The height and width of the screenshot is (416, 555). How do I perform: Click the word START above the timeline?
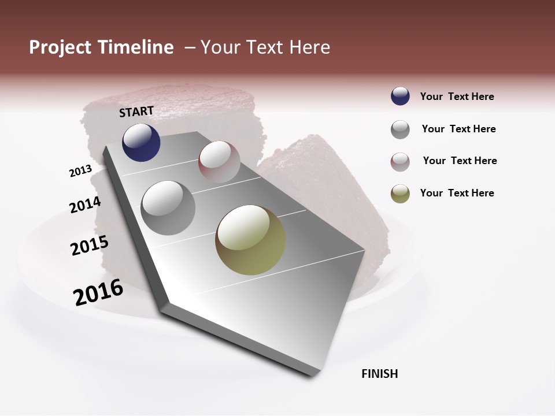pyautogui.click(x=136, y=112)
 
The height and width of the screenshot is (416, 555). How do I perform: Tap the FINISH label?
pyautogui.click(x=379, y=374)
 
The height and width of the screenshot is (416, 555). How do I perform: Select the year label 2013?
pyautogui.click(x=80, y=171)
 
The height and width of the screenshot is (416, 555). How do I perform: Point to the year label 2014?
pyautogui.click(x=85, y=205)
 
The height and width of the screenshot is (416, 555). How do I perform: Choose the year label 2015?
pyautogui.click(x=89, y=246)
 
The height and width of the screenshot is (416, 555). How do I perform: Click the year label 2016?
pyautogui.click(x=98, y=292)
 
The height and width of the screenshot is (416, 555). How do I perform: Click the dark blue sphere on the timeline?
pyautogui.click(x=141, y=142)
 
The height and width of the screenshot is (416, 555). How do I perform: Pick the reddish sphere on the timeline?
pyautogui.click(x=219, y=162)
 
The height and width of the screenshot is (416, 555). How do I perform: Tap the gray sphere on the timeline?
pyautogui.click(x=168, y=207)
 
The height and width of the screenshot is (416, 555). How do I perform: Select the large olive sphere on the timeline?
pyautogui.click(x=250, y=240)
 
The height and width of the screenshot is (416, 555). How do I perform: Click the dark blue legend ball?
pyautogui.click(x=400, y=96)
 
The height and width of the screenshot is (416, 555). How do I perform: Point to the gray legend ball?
pyautogui.click(x=400, y=129)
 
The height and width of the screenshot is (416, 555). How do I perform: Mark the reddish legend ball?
pyautogui.click(x=400, y=162)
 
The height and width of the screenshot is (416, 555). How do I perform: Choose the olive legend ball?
pyautogui.click(x=400, y=194)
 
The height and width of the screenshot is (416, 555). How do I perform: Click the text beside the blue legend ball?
pyautogui.click(x=457, y=96)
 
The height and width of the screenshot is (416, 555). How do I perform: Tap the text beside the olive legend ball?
pyautogui.click(x=457, y=193)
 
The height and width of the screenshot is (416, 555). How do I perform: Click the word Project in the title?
pyautogui.click(x=60, y=47)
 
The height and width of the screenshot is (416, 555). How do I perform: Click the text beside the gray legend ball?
pyautogui.click(x=458, y=129)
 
